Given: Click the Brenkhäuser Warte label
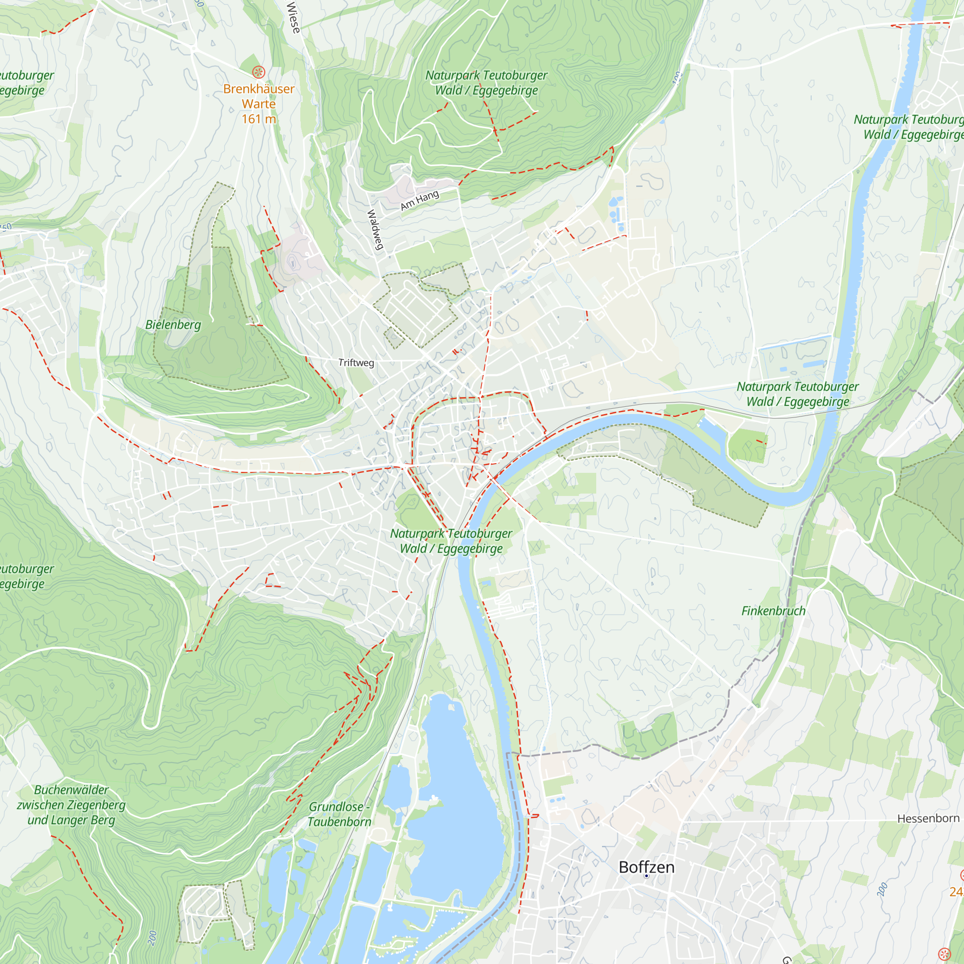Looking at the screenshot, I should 258,96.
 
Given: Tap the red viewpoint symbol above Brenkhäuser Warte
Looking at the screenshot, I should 258,72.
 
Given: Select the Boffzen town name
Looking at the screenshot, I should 646,867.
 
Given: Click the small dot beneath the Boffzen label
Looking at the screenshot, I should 646,876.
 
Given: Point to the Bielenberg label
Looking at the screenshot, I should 173,324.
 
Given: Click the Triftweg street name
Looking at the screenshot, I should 356,363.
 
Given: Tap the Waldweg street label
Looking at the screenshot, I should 375,229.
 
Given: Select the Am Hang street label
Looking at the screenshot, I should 420,200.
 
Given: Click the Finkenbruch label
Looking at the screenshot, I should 773,611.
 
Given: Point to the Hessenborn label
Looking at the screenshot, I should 928,818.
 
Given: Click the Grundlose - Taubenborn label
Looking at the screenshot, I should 339,814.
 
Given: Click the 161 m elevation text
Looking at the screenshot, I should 258,119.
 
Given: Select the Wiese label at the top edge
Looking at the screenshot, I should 294,17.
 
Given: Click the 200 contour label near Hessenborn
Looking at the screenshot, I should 882,889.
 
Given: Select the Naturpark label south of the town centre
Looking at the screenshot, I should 451,541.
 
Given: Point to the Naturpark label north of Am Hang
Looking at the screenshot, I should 486,83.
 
